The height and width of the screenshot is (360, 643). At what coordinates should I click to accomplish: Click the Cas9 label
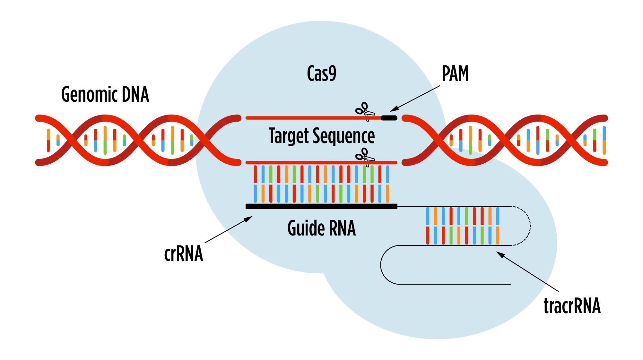pos(321,73)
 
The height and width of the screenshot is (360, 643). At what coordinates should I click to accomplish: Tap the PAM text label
pos(455,73)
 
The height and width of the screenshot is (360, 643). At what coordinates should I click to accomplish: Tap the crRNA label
pos(183,254)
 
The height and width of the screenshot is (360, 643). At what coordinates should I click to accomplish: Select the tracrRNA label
pos(572,305)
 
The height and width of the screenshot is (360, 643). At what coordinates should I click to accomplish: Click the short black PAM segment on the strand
pos(389,118)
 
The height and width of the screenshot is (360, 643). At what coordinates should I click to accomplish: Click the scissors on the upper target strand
pos(365,111)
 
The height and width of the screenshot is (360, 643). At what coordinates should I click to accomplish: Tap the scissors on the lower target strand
pos(365,157)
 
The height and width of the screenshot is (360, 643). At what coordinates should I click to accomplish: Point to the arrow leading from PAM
pos(416,98)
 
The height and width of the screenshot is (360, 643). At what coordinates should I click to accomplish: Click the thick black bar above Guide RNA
pos(321,206)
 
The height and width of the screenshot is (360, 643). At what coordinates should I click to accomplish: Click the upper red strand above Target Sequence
pos(305,118)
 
